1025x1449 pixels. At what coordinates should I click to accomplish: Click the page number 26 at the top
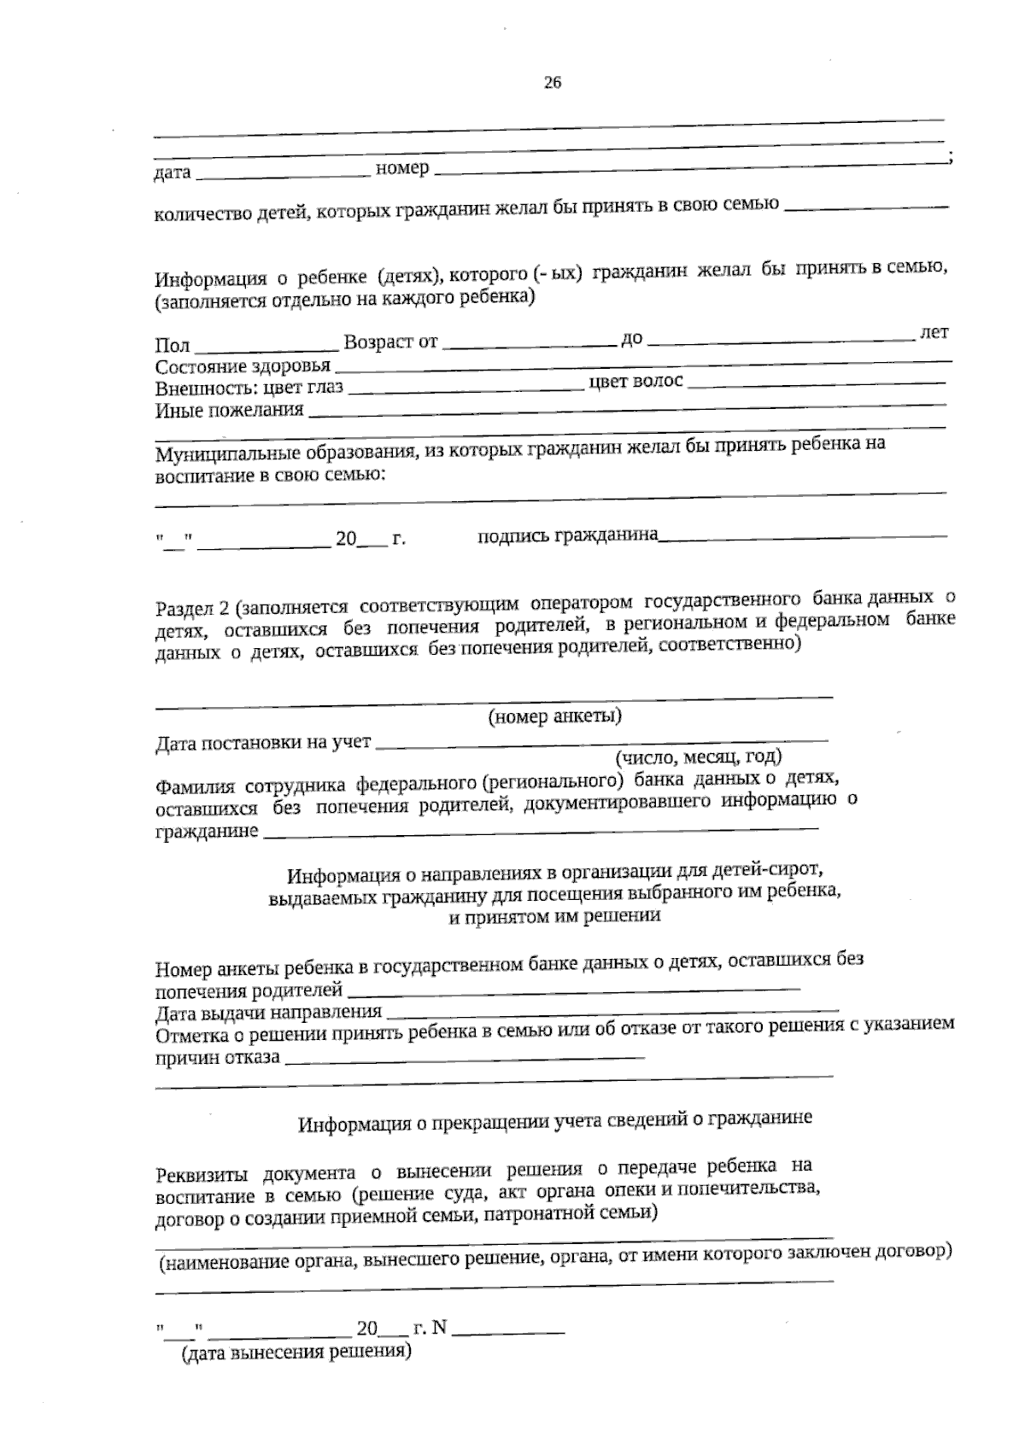point(553,83)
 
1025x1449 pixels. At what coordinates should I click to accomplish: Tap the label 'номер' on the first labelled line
point(402,168)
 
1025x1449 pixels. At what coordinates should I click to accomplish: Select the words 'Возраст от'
point(390,342)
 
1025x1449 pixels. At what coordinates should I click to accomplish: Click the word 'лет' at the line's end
point(934,332)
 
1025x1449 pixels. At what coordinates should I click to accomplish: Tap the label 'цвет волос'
point(636,382)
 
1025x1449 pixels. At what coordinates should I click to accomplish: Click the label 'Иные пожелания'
point(229,410)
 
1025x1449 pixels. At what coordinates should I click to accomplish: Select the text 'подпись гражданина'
point(567,535)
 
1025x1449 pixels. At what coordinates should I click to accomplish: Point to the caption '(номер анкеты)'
point(554,716)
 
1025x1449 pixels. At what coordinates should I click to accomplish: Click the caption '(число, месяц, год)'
point(699,757)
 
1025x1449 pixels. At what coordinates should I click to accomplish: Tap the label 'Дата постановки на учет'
point(263,743)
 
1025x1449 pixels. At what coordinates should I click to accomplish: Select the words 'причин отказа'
point(217,1058)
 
